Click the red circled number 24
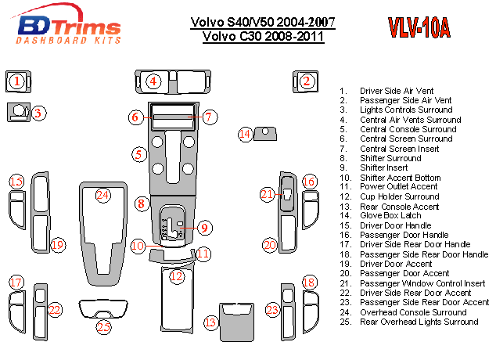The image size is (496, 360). coord(103,195)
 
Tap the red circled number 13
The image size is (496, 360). coord(210,322)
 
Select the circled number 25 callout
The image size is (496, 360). coord(103,327)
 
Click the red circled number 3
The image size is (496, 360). coord(36,113)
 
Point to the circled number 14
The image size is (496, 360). coord(246,134)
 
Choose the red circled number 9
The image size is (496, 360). coord(203,229)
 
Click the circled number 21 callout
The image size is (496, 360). coord(268,194)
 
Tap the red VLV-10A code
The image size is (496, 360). coord(419,29)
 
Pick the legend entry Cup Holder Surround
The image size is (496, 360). coord(399,196)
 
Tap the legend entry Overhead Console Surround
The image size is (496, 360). coord(413,312)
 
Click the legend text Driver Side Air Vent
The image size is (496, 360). coord(397,91)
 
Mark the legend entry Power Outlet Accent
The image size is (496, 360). coord(399,187)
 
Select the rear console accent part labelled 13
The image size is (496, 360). coord(235,320)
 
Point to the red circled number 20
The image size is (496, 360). coord(270,245)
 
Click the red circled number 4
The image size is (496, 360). coord(154,81)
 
